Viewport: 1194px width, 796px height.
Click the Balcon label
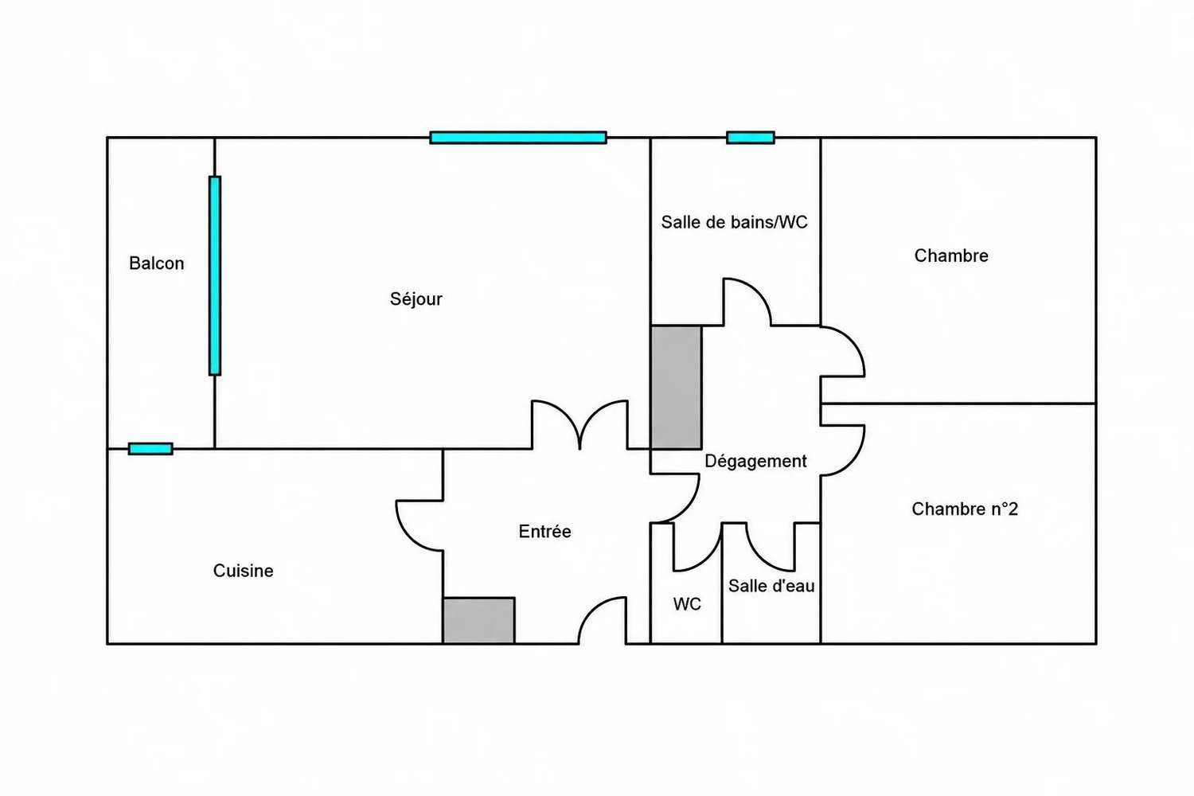coord(157,263)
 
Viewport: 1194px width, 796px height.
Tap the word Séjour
coord(416,299)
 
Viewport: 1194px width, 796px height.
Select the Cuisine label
coord(243,571)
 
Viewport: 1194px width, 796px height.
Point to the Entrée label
coord(544,531)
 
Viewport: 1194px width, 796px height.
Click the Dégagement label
coord(755,461)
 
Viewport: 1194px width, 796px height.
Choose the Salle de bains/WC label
coord(734,222)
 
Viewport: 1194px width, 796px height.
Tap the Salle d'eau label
coord(771,586)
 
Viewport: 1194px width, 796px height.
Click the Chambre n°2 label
coord(965,509)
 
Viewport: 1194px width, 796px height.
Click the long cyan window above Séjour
coord(518,138)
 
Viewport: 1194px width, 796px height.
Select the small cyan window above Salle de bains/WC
coord(751,138)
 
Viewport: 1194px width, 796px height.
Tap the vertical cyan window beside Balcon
coord(215,275)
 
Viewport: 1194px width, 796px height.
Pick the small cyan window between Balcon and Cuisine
coord(150,449)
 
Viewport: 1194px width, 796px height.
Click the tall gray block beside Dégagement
coord(676,388)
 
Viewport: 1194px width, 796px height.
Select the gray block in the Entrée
coord(478,621)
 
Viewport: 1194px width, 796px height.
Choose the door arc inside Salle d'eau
coord(760,558)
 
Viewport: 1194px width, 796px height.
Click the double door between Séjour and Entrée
coord(580,425)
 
